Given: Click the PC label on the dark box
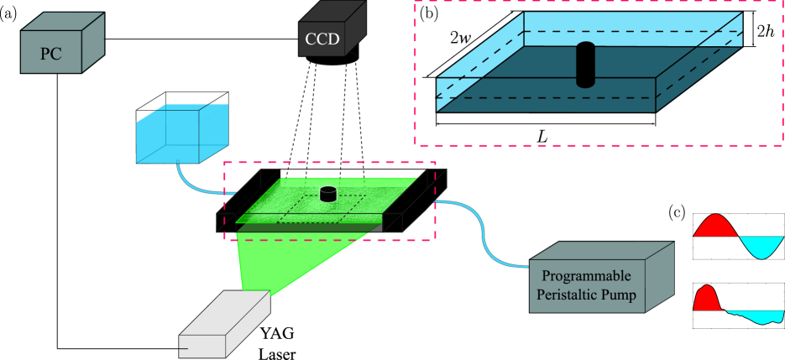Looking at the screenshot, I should [x=51, y=55].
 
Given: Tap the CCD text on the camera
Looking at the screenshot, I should [x=322, y=39].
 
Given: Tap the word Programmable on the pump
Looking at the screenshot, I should [x=586, y=277].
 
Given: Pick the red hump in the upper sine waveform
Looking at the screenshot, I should [x=714, y=226].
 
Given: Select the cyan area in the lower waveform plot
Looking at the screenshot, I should [x=751, y=316].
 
